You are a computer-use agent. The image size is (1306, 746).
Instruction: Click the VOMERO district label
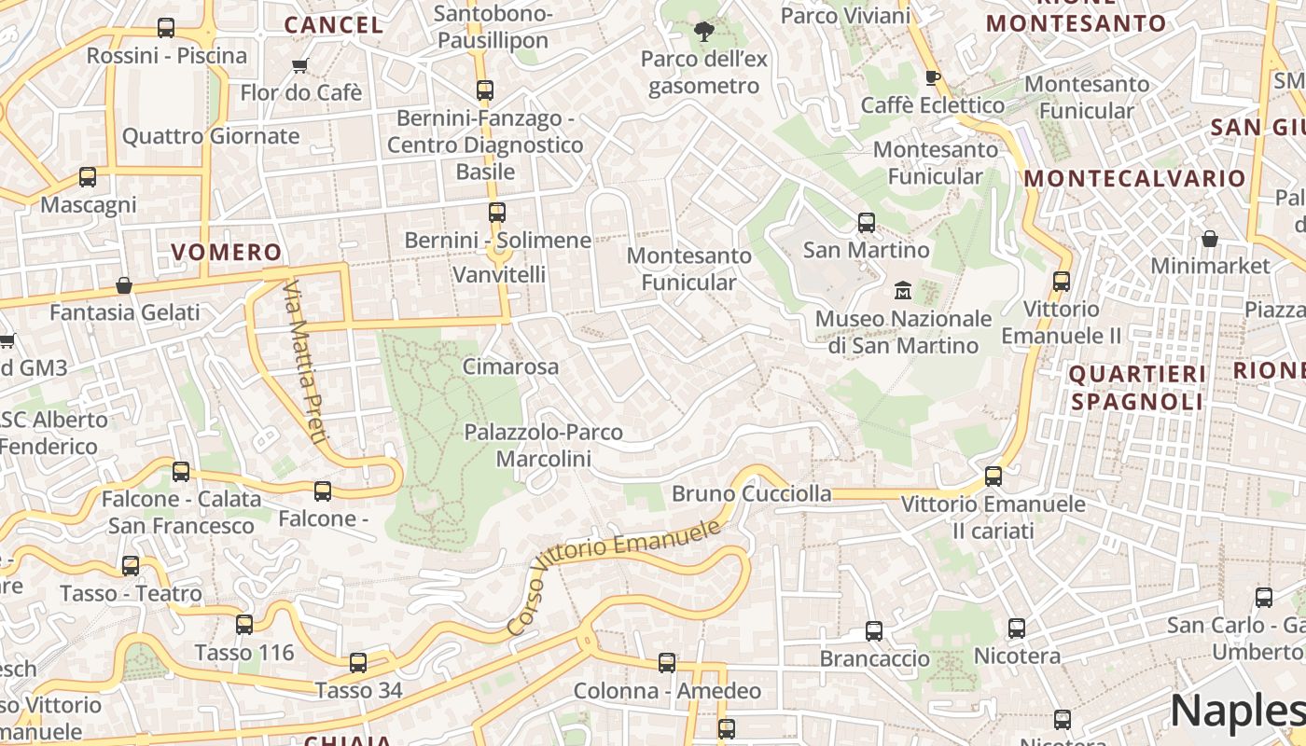(226, 252)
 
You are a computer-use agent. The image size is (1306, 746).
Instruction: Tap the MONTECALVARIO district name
(1134, 178)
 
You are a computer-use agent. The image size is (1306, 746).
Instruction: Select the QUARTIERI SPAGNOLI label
(1137, 388)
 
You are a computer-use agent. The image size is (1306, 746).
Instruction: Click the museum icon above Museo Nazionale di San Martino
(902, 291)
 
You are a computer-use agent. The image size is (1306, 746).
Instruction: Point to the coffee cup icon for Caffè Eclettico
(932, 77)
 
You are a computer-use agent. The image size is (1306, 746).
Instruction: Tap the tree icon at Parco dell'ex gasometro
(703, 33)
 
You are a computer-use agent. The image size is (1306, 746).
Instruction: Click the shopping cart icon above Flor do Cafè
(299, 65)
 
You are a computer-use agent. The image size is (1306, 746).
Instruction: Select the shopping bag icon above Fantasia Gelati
(123, 285)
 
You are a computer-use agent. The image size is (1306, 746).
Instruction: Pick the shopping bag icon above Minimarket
(1209, 239)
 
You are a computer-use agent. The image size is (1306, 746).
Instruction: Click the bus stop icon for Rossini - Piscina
(166, 28)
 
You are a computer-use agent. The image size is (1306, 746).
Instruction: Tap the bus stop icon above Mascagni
(88, 176)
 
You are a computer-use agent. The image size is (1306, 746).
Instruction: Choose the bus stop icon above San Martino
(867, 222)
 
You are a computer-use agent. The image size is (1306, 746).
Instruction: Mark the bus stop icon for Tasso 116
(244, 624)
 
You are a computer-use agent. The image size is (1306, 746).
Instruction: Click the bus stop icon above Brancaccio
(874, 631)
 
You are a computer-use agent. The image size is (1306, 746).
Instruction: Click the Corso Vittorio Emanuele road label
(615, 577)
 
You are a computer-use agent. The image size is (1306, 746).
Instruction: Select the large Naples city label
(1237, 711)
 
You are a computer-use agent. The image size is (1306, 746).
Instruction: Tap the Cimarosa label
(510, 366)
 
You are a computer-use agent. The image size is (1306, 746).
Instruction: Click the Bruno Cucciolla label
(751, 493)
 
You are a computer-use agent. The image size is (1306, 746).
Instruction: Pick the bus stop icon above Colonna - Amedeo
(667, 663)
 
